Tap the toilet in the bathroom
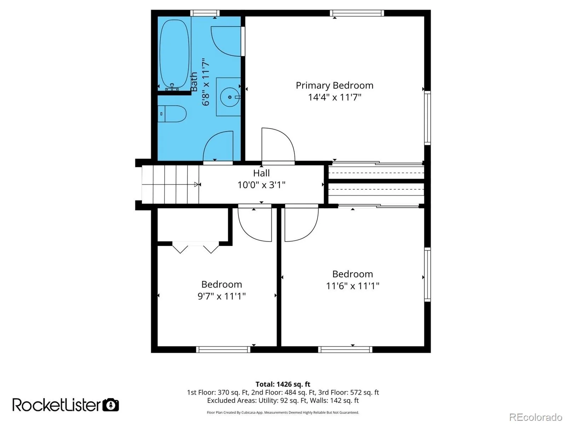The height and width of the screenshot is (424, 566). click(x=173, y=114)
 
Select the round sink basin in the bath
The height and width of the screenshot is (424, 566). click(x=230, y=97)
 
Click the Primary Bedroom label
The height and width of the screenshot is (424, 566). click(x=334, y=85)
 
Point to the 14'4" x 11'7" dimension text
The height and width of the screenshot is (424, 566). click(x=334, y=97)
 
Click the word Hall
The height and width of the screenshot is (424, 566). click(x=261, y=173)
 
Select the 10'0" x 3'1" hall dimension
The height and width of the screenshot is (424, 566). click(x=261, y=185)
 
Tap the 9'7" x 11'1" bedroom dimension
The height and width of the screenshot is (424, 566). click(x=221, y=296)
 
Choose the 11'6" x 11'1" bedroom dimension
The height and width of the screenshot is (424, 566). click(x=352, y=286)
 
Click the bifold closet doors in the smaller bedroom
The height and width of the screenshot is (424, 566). click(x=196, y=247)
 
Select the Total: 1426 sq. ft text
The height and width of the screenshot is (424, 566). click(x=283, y=384)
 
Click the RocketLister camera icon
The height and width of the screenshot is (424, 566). click(x=111, y=405)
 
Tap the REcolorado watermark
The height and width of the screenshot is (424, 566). click(x=536, y=417)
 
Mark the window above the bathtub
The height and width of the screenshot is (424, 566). click(x=205, y=13)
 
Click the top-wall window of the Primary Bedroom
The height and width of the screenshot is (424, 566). click(x=357, y=13)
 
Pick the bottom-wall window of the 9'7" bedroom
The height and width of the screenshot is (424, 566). click(x=223, y=349)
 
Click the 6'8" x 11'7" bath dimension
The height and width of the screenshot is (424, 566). click(x=206, y=82)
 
